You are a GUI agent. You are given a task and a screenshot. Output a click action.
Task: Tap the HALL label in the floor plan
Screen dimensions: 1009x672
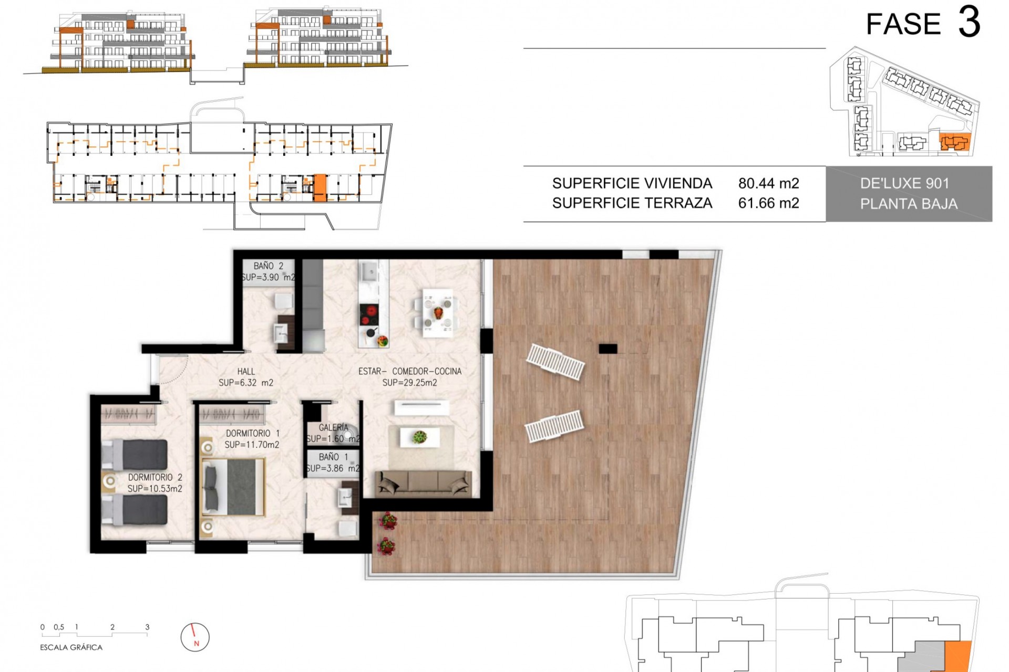[x=246, y=372]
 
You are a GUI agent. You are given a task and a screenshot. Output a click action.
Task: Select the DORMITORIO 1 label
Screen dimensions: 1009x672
[x=252, y=434]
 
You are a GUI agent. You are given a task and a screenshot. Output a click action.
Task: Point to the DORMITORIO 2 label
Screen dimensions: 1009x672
[x=155, y=478]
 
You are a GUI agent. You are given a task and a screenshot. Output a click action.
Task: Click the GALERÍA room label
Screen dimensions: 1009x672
[x=333, y=428]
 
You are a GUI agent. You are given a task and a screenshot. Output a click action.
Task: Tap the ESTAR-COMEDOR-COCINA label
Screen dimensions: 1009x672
[x=410, y=372]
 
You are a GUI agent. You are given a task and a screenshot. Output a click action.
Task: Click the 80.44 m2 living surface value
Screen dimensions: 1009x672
[x=768, y=183]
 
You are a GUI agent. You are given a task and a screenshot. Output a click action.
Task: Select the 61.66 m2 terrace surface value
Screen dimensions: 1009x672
[x=768, y=203]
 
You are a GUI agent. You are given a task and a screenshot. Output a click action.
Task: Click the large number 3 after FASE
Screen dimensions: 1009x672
[x=969, y=23]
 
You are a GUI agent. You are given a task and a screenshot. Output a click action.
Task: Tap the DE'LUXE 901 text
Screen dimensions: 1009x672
[x=904, y=183]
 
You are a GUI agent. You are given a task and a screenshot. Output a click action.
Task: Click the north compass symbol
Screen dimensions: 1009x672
[x=195, y=637]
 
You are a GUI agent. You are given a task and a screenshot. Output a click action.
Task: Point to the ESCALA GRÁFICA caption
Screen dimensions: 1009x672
[x=71, y=647]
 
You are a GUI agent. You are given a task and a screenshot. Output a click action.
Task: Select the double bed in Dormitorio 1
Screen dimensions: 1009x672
[x=234, y=487]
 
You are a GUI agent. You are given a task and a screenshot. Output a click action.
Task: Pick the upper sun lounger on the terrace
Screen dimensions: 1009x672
[x=555, y=362]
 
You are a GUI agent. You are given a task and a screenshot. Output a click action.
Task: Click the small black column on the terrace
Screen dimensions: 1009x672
[x=608, y=348]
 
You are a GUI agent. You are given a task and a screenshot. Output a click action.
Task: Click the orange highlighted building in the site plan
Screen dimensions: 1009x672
[x=954, y=143]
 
